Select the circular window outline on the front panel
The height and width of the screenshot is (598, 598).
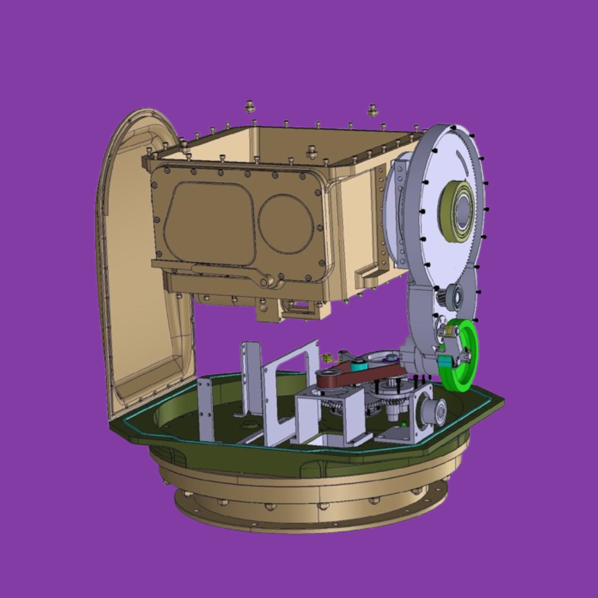pyautogui.click(x=286, y=224)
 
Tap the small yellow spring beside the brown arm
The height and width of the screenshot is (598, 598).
pyautogui.click(x=328, y=357)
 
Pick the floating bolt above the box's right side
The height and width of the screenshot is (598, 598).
pyautogui.click(x=372, y=110)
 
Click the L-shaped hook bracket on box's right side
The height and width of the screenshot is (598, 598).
pyautogui.click(x=369, y=274)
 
